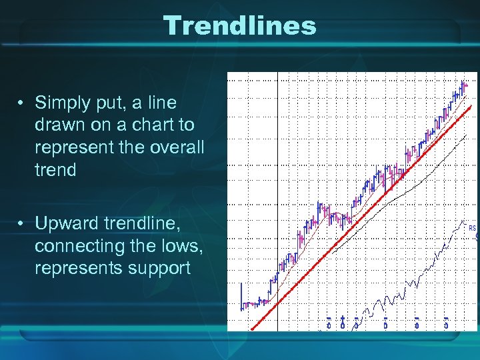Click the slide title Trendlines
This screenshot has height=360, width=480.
[240, 26]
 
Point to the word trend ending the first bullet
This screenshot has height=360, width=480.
[55, 170]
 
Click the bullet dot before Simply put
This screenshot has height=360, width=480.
[22, 103]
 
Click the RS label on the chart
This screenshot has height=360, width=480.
[473, 228]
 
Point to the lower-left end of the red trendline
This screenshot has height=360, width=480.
[252, 329]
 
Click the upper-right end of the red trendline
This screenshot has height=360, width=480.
[471, 107]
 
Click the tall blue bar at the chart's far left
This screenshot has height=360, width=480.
[241, 297]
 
